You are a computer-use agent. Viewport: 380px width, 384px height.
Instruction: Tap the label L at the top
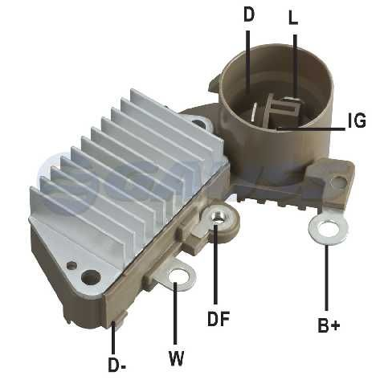point(292,18)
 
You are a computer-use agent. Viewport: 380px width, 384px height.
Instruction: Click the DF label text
point(218,318)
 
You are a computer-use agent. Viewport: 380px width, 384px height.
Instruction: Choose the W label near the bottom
point(177,355)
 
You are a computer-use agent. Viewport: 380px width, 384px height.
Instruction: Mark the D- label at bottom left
point(117,365)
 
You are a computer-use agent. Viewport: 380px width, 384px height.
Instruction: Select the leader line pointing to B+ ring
point(328,277)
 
